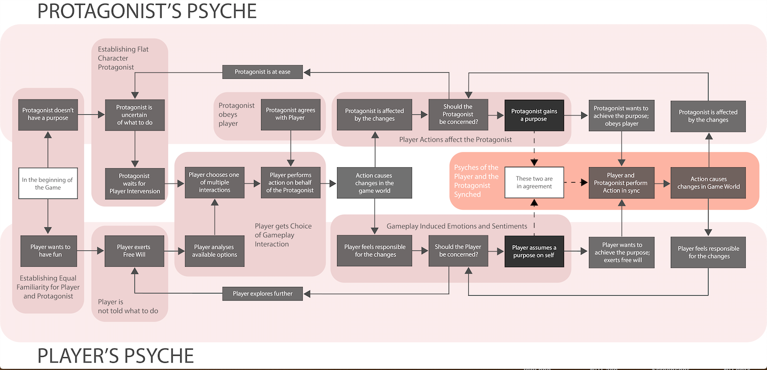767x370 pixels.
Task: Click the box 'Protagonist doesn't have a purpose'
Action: pyautogui.click(x=48, y=114)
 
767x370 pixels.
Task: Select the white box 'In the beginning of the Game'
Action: pyautogui.click(x=48, y=183)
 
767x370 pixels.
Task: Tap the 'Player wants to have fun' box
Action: pyautogui.click(x=50, y=251)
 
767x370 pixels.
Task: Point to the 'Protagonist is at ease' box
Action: pyautogui.click(x=263, y=72)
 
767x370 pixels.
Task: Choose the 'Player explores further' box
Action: pyautogui.click(x=263, y=293)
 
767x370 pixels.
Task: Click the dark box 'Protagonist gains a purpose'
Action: pyautogui.click(x=534, y=115)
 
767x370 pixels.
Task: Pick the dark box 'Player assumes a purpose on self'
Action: pyautogui.click(x=534, y=251)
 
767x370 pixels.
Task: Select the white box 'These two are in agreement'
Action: pyautogui.click(x=534, y=183)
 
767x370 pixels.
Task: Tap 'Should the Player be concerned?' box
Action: pyautogui.click(x=458, y=251)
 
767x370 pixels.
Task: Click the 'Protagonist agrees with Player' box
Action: pyautogui.click(x=291, y=114)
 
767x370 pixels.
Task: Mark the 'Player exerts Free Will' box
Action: pyautogui.click(x=134, y=251)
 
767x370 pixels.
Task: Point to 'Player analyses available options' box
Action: pyautogui.click(x=215, y=251)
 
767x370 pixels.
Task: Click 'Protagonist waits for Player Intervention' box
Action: pyautogui.click(x=134, y=183)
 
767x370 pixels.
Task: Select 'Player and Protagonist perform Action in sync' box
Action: pyautogui.click(x=621, y=183)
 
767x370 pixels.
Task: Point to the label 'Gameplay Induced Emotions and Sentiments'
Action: pyautogui.click(x=457, y=226)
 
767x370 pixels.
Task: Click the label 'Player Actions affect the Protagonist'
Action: pyautogui.click(x=456, y=139)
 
